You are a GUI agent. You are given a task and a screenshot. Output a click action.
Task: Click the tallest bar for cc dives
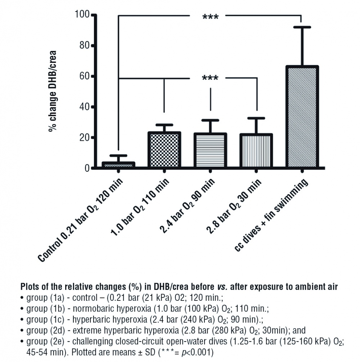[x=302, y=117]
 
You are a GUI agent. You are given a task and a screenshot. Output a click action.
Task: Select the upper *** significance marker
[x=210, y=17]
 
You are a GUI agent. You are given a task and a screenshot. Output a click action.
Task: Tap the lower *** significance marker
[x=210, y=78]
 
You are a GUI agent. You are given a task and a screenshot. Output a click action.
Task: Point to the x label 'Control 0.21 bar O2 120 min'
[x=81, y=220]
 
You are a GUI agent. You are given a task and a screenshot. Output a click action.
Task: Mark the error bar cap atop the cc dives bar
[x=302, y=27]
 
